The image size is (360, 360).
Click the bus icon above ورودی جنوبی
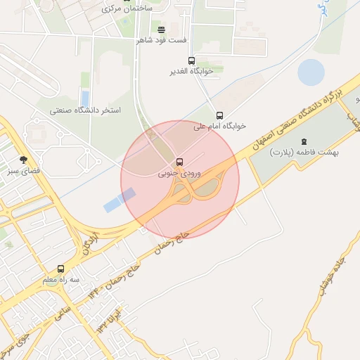click(x=180, y=162)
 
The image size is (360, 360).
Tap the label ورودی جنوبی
click(x=173, y=172)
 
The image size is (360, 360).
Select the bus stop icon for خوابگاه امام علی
click(x=219, y=115)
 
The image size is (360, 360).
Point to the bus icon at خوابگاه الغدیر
click(x=191, y=61)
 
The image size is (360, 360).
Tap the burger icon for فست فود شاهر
click(x=162, y=30)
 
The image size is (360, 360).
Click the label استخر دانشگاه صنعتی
click(x=85, y=110)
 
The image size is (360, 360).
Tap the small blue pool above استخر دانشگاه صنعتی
click(x=85, y=97)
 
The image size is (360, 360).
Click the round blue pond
click(x=311, y=72)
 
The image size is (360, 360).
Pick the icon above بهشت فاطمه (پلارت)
click(x=304, y=142)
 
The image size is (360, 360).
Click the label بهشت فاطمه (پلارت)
click(x=305, y=152)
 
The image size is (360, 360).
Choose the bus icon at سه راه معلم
click(x=60, y=269)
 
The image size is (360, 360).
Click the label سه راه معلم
click(x=60, y=279)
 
